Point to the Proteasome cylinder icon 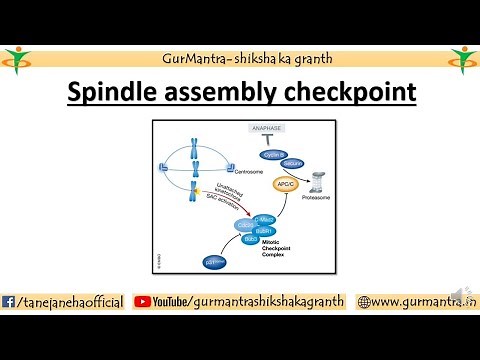pos(318,182)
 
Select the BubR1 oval pos(265,231)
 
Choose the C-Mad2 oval pos(265,219)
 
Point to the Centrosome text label pos(243,172)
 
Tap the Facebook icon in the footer pos(10,301)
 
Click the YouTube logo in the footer pos(142,301)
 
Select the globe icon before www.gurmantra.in pos(364,301)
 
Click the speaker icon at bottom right pos(458,292)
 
